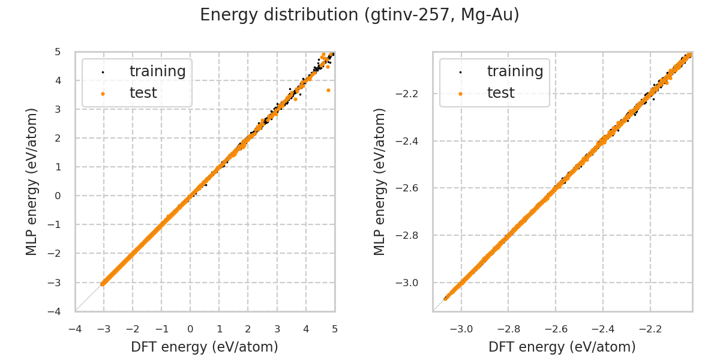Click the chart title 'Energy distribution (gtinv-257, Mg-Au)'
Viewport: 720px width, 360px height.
(359, 15)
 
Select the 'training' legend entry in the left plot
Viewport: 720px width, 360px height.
(157, 71)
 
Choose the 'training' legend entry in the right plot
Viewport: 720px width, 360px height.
(515, 71)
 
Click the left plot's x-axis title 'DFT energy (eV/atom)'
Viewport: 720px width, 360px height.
(205, 347)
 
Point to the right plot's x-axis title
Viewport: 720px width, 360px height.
(562, 347)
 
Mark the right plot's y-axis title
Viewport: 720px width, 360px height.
(380, 181)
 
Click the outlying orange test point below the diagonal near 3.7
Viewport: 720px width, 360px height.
(328, 90)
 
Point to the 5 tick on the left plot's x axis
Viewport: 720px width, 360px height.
(335, 329)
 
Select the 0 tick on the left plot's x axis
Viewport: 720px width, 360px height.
(190, 329)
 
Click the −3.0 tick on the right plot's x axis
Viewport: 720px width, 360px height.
(461, 329)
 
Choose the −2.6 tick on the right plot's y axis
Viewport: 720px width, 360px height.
(415, 188)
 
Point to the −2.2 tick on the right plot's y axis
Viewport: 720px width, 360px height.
(415, 94)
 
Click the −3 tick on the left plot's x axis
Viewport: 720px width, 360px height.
(104, 329)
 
